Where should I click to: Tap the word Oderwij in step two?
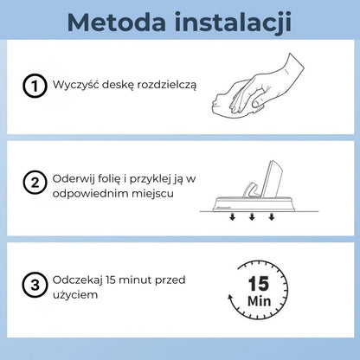pos(74,177)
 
